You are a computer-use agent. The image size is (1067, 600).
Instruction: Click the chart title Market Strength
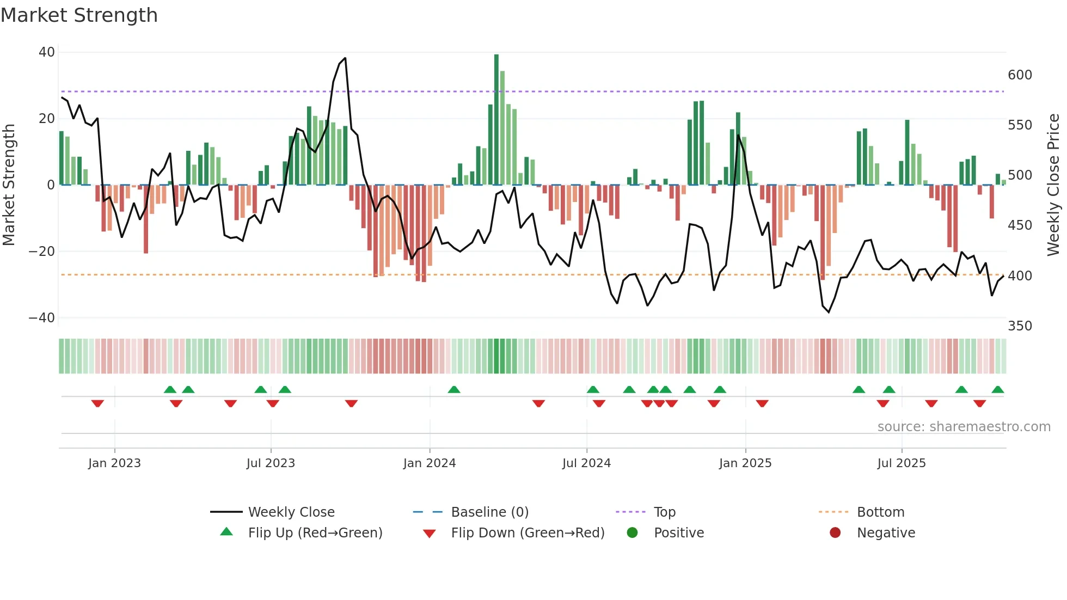pos(79,15)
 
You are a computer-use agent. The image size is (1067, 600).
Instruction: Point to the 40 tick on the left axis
pos(47,52)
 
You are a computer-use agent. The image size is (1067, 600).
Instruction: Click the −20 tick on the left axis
pos(42,252)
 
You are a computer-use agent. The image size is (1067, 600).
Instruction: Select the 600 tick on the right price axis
pos(1020,75)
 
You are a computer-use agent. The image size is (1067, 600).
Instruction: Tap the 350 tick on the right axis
pos(1020,326)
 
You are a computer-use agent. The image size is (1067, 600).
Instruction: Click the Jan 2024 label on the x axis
pos(430,463)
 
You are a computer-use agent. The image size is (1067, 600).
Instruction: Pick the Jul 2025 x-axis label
pos(902,463)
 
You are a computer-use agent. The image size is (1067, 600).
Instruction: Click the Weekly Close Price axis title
pos(1053,185)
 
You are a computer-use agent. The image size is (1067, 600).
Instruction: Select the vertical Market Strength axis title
pos(9,185)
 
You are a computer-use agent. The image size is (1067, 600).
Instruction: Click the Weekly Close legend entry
pos(291,512)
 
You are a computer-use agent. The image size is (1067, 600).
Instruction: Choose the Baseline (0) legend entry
pos(489,512)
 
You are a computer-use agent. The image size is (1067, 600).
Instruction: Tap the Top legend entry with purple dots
pos(664,512)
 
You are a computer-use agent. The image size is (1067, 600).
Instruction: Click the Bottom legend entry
pos(880,512)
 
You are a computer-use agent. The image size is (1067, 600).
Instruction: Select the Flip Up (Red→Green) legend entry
pos(315,533)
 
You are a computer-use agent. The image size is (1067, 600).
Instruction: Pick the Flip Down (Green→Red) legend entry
pos(528,533)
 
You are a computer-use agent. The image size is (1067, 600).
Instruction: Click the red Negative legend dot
pos(835,533)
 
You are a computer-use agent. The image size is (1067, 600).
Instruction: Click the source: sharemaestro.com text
pos(964,427)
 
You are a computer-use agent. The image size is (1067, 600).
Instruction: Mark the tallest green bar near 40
pos(496,120)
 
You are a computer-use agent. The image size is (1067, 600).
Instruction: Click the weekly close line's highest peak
pos(345,59)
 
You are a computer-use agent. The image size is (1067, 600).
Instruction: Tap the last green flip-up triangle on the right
pos(997,390)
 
